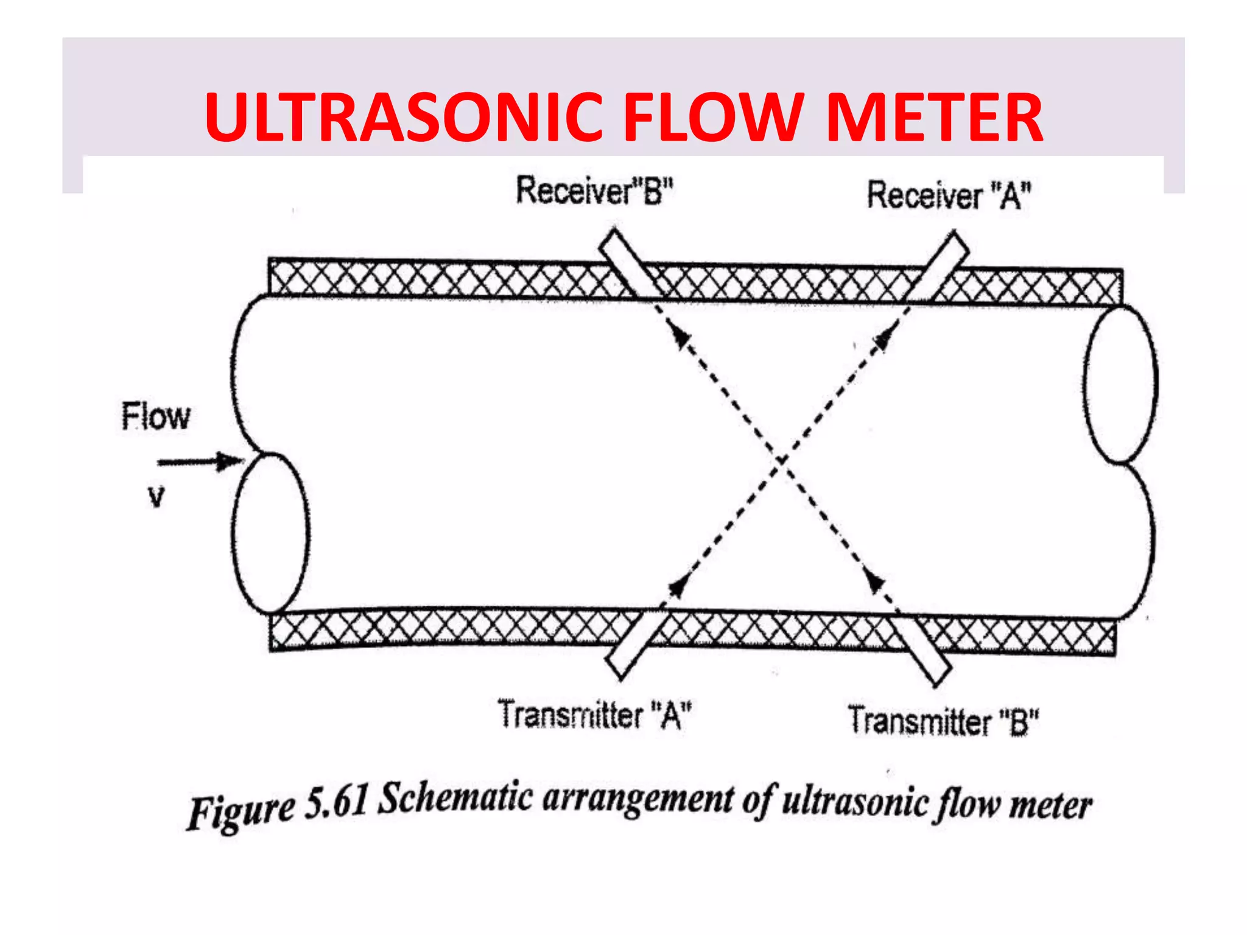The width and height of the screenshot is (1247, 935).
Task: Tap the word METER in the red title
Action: (934, 117)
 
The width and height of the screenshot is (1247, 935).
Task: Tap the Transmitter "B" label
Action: (943, 721)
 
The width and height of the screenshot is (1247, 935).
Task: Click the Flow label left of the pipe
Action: (156, 417)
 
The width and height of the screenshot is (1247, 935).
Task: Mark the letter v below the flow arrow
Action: (156, 497)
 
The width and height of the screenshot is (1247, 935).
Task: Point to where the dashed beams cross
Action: (781, 461)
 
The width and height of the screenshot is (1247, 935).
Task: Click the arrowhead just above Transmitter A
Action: (678, 587)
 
